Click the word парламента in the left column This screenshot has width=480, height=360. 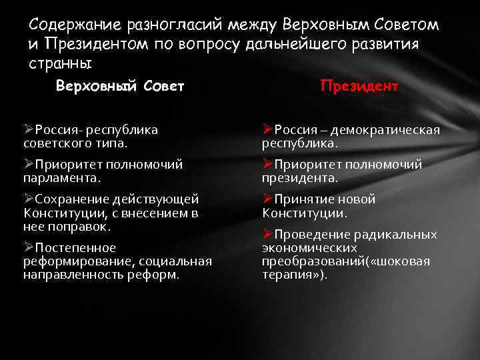(60, 178)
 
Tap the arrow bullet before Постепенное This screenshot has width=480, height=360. (29, 247)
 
